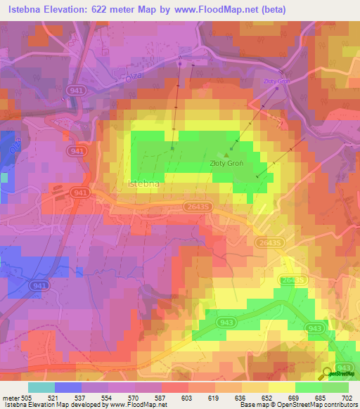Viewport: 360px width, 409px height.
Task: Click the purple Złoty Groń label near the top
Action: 276,81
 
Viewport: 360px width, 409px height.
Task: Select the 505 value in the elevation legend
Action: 27,398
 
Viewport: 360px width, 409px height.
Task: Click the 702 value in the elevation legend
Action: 348,398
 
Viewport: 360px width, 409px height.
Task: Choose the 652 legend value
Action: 268,398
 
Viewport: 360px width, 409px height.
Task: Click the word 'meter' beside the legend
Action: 10,398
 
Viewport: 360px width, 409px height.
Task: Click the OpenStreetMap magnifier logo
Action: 328,375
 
